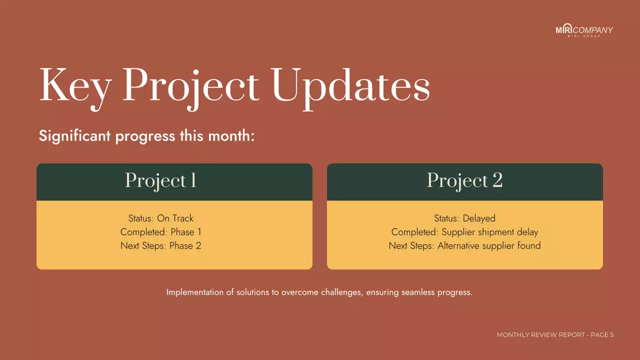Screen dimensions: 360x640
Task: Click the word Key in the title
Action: [x=75, y=85]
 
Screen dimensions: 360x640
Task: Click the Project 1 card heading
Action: [x=160, y=181]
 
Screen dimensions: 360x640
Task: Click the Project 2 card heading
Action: [x=464, y=181]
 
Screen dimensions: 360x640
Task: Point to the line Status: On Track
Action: [x=160, y=218]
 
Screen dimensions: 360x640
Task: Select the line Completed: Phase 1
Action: [x=160, y=232]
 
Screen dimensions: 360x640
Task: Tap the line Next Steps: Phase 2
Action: [x=160, y=246]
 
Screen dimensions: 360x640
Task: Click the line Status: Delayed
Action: [x=464, y=218]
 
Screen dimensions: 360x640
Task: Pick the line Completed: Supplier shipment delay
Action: [x=464, y=232]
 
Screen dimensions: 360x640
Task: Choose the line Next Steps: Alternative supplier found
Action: [x=464, y=246]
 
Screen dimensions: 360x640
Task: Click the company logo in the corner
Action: [x=584, y=30]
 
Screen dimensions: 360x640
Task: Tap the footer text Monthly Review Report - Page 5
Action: [x=555, y=335]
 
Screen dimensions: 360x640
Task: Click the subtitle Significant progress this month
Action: [x=146, y=136]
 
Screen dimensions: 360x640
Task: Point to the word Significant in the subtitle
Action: [x=74, y=136]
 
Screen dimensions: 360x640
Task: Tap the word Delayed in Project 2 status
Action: [x=479, y=218]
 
